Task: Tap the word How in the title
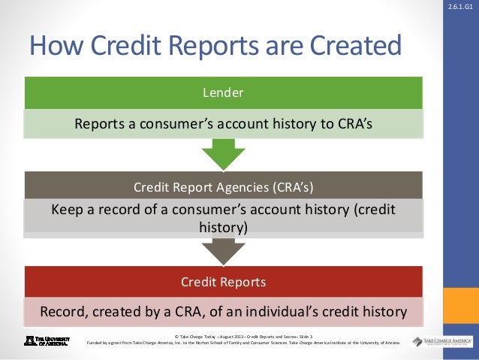[x=54, y=47]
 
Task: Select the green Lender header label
[x=223, y=93]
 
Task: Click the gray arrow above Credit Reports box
[x=223, y=250]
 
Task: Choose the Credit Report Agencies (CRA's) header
[x=223, y=186]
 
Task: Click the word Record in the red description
[x=64, y=311]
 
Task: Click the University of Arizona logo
[x=47, y=340]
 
